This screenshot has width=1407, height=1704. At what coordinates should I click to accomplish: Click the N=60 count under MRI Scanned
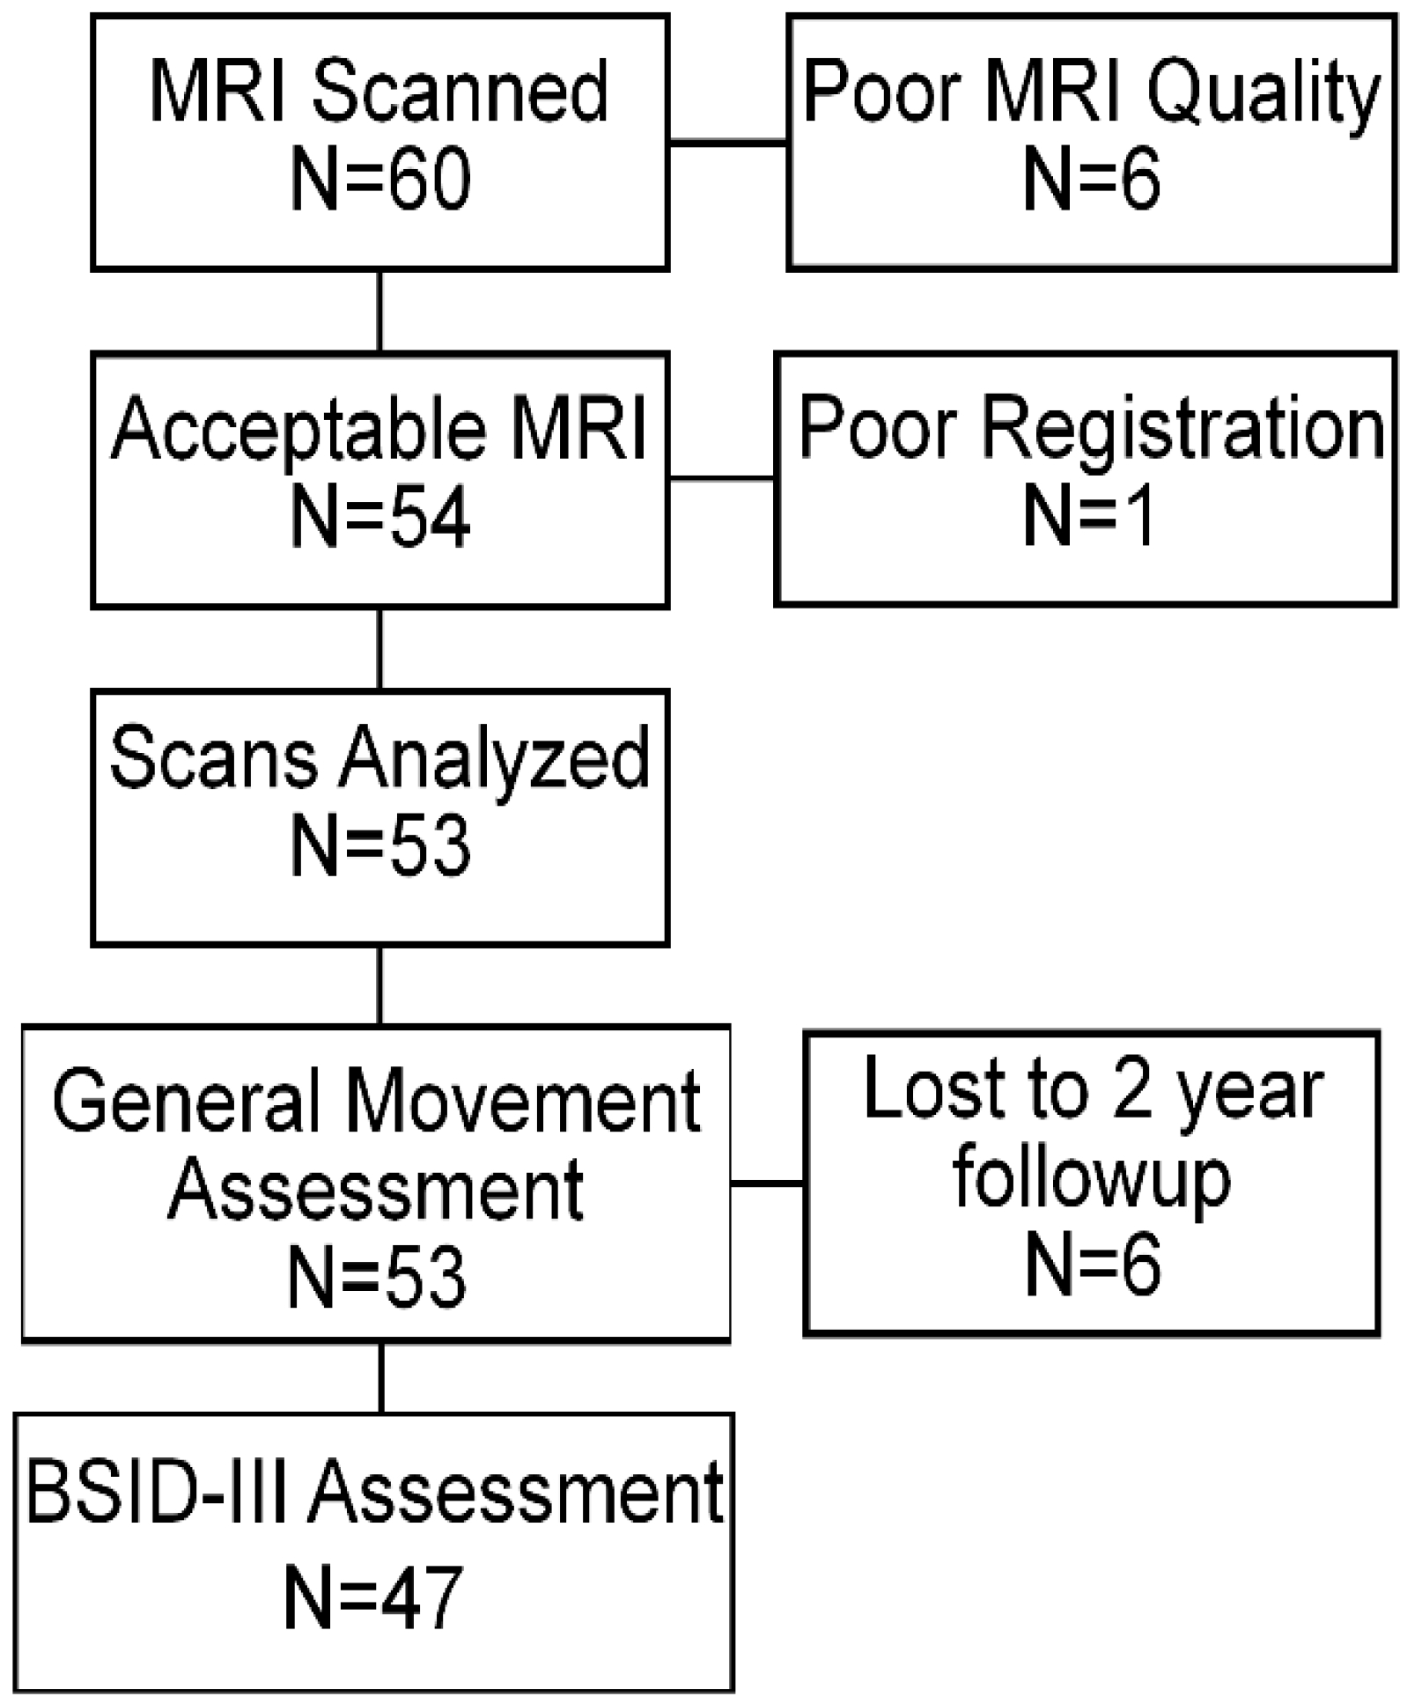(379, 181)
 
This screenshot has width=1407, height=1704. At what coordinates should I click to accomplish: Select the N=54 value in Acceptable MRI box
(379, 518)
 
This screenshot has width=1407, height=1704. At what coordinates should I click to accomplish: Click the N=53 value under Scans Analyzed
(379, 846)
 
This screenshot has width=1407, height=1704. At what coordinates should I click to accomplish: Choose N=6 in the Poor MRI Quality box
(1091, 181)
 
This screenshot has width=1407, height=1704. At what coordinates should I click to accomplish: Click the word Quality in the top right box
(1263, 94)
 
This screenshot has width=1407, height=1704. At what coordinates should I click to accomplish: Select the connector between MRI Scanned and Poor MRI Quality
(727, 143)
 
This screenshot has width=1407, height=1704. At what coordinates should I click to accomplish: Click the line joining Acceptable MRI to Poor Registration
(721, 479)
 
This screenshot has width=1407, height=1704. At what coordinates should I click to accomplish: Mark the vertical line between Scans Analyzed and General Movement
(379, 985)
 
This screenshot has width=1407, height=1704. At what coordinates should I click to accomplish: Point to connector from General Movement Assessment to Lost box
(766, 1184)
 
